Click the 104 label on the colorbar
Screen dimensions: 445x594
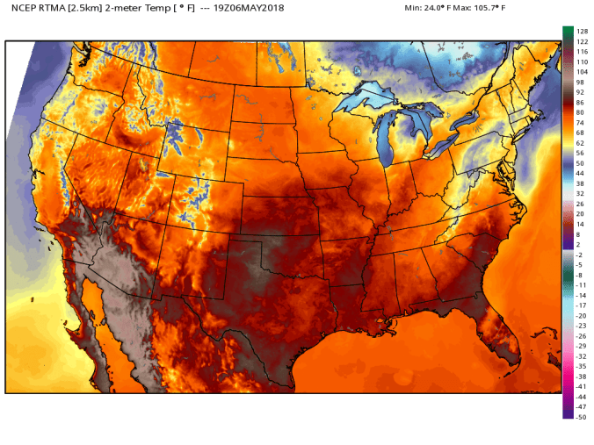point(581,73)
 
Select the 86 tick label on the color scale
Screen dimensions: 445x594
point(581,103)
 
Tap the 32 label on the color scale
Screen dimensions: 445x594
point(581,193)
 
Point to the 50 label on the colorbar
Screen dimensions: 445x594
point(581,163)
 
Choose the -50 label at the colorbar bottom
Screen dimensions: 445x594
point(581,417)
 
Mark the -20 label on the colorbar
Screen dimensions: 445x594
point(581,315)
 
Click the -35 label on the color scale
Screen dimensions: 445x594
point(581,366)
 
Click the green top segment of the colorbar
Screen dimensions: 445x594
point(568,32)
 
